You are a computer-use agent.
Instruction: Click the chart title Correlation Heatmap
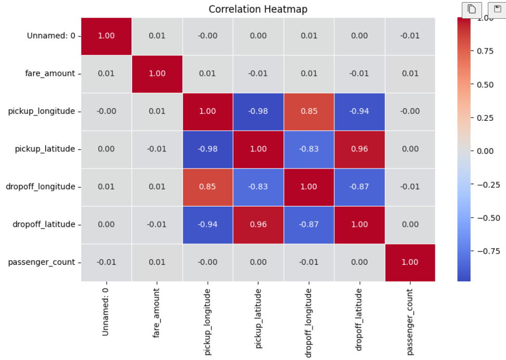click(x=258, y=9)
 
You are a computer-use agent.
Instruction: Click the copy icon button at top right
click(x=472, y=9)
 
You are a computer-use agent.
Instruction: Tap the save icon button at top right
click(x=497, y=9)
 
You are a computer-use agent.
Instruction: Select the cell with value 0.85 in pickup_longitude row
click(x=309, y=111)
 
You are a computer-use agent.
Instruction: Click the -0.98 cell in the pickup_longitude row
click(x=258, y=111)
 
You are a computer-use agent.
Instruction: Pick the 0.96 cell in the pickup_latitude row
click(x=359, y=149)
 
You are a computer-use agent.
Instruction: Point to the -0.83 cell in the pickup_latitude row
click(x=309, y=149)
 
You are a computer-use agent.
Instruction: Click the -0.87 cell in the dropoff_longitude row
click(x=359, y=187)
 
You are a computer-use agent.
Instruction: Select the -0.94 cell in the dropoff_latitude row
click(x=207, y=225)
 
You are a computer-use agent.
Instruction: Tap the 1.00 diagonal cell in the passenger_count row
click(x=410, y=262)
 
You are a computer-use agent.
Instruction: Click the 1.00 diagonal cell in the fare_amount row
click(x=157, y=73)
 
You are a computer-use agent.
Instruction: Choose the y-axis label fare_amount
click(x=50, y=73)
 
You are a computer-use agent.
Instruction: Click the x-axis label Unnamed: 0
click(x=106, y=311)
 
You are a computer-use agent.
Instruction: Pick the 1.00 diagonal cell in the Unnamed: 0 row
click(x=106, y=36)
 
